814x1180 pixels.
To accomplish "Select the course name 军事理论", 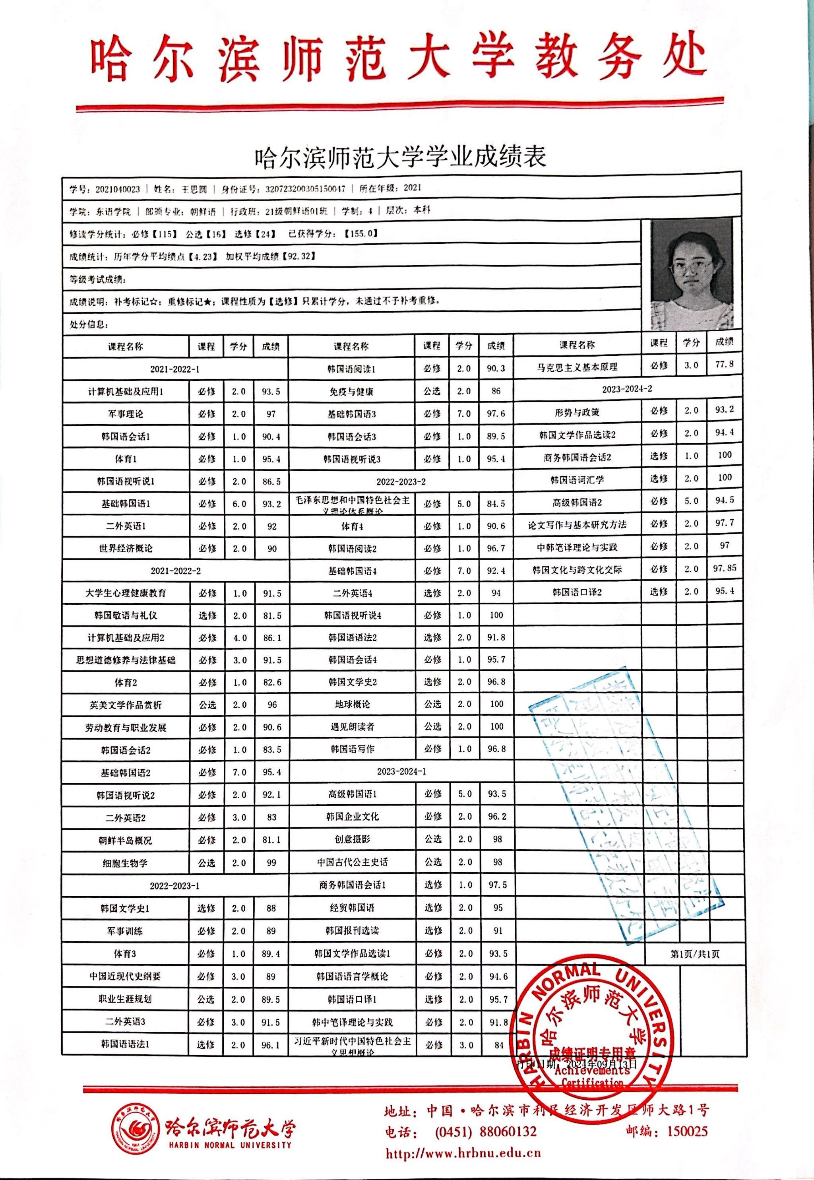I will click(x=126, y=414).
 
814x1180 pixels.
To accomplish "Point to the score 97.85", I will click(x=724, y=568).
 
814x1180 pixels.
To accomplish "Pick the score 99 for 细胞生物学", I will click(x=271, y=863).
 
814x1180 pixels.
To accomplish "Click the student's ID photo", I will click(x=692, y=274).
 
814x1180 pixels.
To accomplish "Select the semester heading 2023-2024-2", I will click(x=627, y=389).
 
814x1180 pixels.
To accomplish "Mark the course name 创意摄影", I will click(x=352, y=839).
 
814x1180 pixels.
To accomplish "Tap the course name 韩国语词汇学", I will click(x=577, y=480).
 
